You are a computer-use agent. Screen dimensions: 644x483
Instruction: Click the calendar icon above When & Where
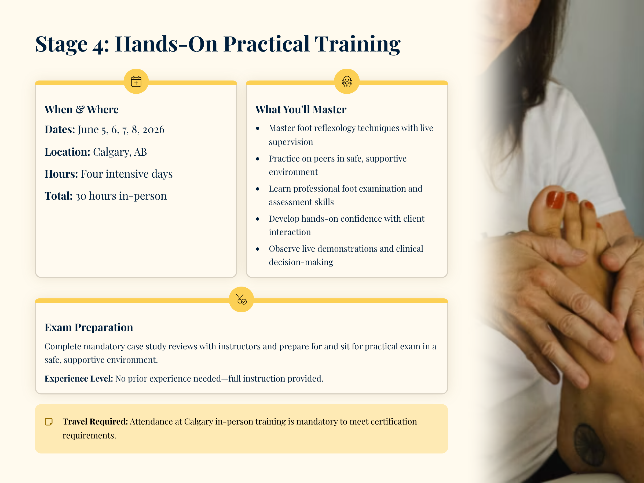(x=136, y=81)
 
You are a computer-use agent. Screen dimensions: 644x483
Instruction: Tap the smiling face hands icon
(x=347, y=81)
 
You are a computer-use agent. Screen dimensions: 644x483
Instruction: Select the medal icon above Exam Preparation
(x=241, y=299)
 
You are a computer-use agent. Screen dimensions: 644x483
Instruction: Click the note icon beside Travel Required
(x=49, y=422)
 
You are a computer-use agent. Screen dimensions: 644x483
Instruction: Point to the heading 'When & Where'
(x=82, y=109)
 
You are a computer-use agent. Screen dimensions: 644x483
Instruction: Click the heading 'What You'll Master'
(x=301, y=109)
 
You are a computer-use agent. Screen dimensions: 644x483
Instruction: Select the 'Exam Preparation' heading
(x=89, y=327)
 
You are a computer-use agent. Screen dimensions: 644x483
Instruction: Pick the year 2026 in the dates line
(x=153, y=130)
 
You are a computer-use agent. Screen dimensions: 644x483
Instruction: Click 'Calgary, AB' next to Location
(x=120, y=152)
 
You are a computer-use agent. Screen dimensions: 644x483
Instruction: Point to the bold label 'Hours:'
(x=61, y=174)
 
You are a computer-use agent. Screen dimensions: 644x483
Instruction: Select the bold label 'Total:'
(x=58, y=196)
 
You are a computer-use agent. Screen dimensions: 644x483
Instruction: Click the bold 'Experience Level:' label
(x=79, y=378)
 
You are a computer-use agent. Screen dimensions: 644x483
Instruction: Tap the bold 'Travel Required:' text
(x=95, y=422)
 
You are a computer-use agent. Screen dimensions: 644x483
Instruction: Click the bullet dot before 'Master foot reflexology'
(x=258, y=128)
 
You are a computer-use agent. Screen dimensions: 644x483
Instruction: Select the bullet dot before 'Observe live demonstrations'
(x=258, y=249)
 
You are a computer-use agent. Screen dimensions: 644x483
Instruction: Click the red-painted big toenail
(x=555, y=200)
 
